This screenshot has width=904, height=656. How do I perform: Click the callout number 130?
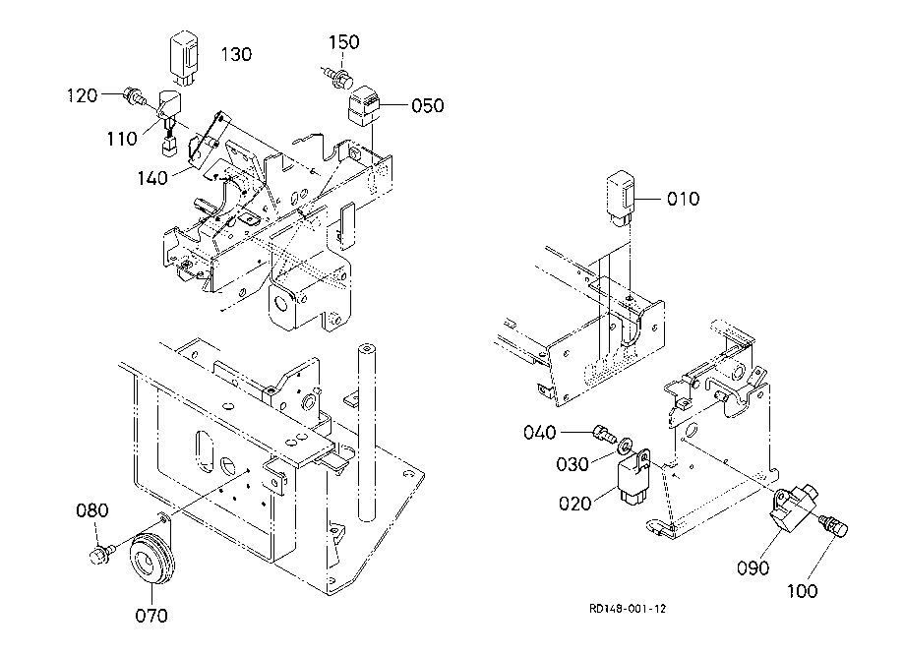[236, 54]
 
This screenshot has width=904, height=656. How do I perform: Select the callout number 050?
[427, 105]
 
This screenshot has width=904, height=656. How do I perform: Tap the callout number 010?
[684, 199]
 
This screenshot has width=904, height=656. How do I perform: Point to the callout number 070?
[151, 616]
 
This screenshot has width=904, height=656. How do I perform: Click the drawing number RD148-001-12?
[628, 609]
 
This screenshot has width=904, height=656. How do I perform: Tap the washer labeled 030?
[625, 446]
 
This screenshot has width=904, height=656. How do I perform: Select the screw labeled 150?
[338, 78]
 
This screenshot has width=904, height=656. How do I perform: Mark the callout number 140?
[152, 178]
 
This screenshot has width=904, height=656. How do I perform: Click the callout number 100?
[802, 591]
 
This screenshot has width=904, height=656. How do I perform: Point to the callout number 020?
[575, 504]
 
